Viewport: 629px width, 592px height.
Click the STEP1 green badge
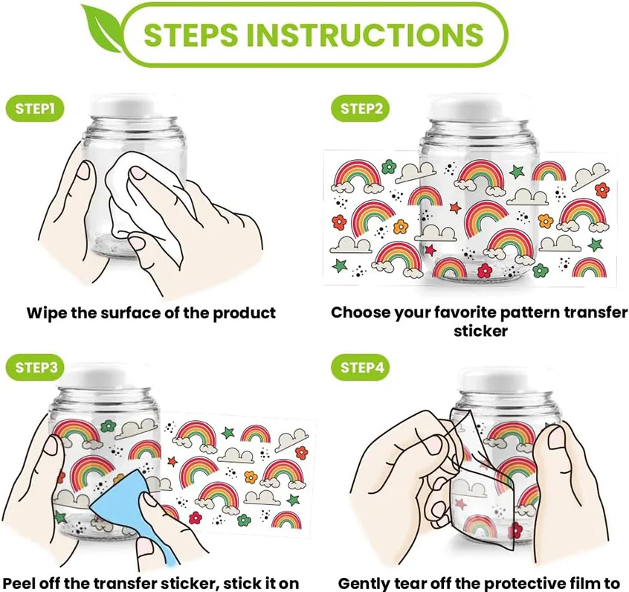tap(34, 109)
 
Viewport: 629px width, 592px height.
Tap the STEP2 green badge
tap(361, 109)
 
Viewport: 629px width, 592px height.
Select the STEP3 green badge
tap(34, 367)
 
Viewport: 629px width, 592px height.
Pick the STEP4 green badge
tap(361, 367)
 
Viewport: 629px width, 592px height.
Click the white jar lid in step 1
tap(132, 106)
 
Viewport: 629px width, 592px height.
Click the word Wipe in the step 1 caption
tap(46, 313)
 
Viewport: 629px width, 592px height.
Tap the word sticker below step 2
tap(480, 332)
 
